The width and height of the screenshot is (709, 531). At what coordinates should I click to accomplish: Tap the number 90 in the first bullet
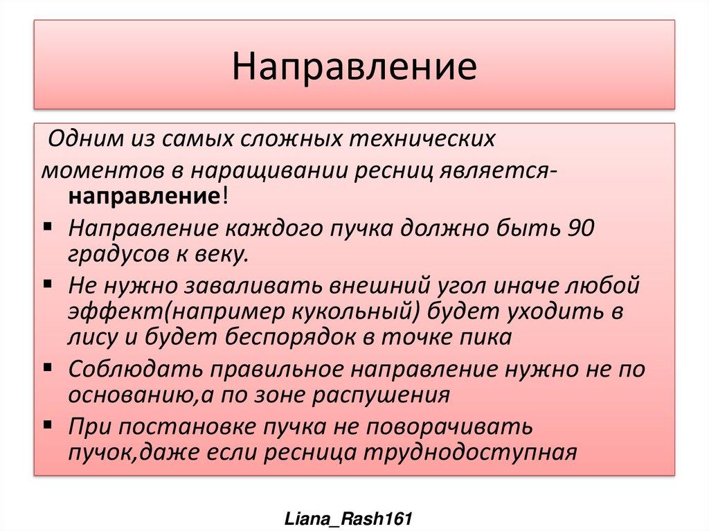point(580,228)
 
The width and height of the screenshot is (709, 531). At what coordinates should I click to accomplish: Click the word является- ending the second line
point(496,170)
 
